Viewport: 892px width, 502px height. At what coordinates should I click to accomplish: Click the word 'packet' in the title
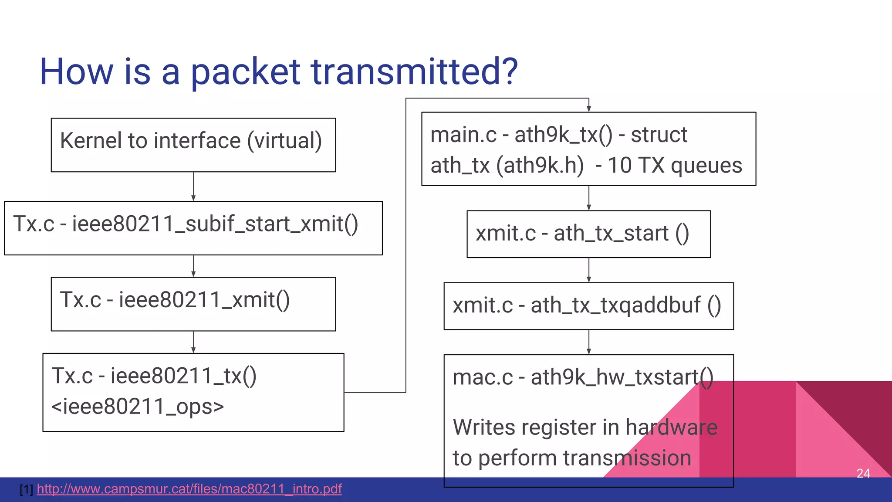[x=245, y=72]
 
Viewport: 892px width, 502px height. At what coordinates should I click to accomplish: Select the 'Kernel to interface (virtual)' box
[x=193, y=145]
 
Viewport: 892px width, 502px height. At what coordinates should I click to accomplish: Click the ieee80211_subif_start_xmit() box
[x=193, y=228]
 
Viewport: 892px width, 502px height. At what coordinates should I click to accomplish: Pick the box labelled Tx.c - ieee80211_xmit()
[x=193, y=304]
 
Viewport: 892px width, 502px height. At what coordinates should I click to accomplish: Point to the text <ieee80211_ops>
[x=138, y=407]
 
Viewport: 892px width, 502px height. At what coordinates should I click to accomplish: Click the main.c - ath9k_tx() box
[x=588, y=149]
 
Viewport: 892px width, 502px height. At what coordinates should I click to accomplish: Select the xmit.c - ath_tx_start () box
[x=588, y=234]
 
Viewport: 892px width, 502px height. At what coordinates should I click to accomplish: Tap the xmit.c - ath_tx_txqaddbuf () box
[x=588, y=306]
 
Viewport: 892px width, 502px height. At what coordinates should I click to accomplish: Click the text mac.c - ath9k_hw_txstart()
[x=583, y=377]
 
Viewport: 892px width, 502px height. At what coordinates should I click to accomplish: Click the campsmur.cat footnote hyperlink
[x=189, y=489]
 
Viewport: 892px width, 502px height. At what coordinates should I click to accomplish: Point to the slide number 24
[x=863, y=473]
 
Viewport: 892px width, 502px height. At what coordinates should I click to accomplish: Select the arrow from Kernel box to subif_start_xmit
[x=193, y=187]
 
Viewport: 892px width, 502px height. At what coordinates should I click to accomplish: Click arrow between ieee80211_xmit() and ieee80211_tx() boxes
[x=193, y=342]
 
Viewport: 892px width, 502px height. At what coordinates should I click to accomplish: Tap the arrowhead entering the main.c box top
[x=588, y=109]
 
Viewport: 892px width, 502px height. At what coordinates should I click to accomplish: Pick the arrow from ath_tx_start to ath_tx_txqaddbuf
[x=589, y=270]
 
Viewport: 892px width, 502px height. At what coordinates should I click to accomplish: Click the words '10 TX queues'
[x=675, y=166]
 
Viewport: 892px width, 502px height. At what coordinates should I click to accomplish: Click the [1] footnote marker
[x=26, y=489]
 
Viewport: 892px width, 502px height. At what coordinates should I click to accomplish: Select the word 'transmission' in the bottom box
[x=627, y=458]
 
